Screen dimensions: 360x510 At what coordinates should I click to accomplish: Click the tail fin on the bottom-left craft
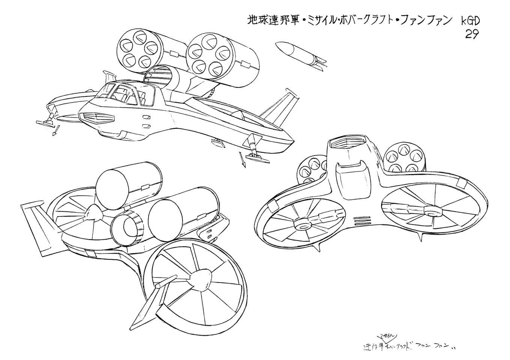[x=37, y=225]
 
